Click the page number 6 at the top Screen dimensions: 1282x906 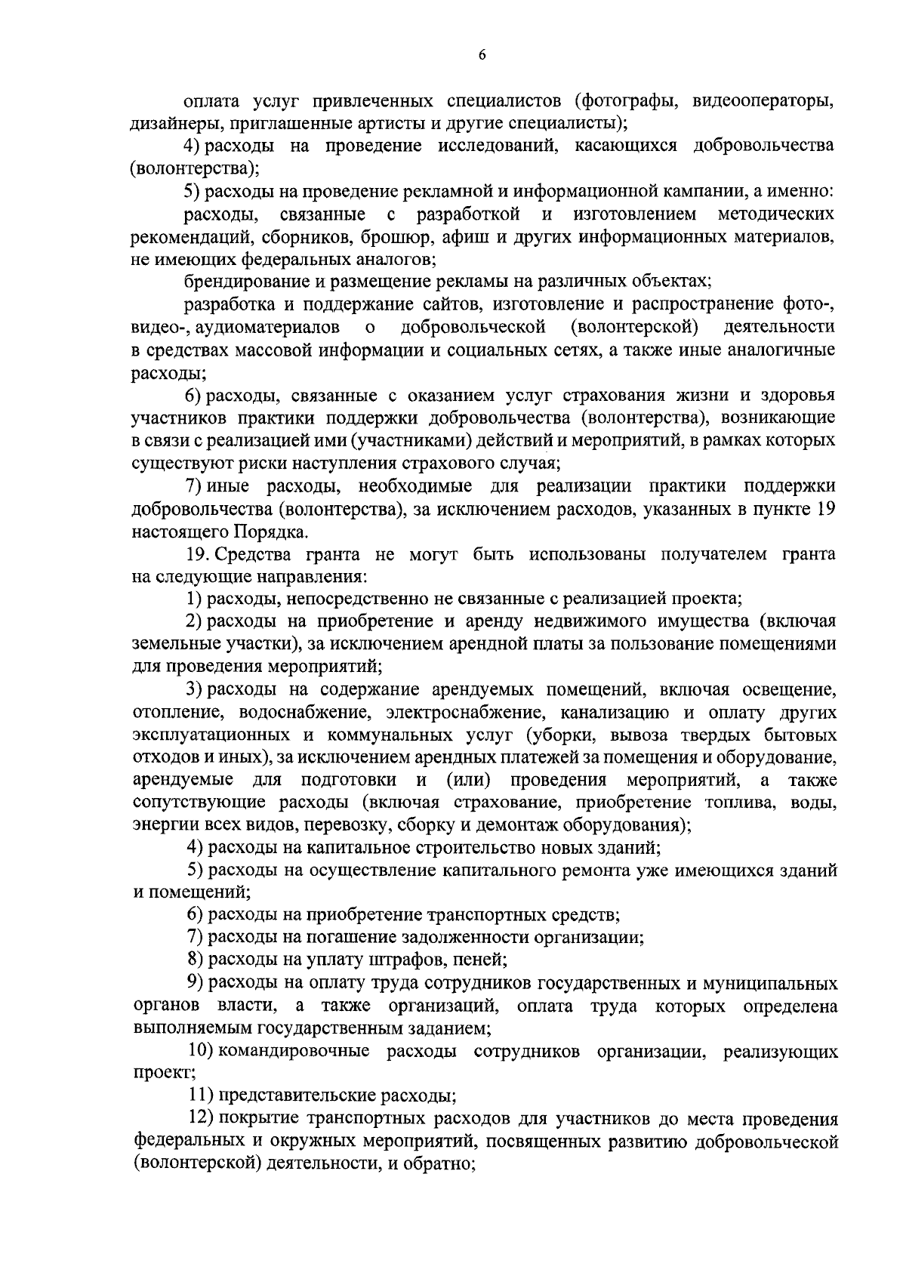[x=482, y=54]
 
